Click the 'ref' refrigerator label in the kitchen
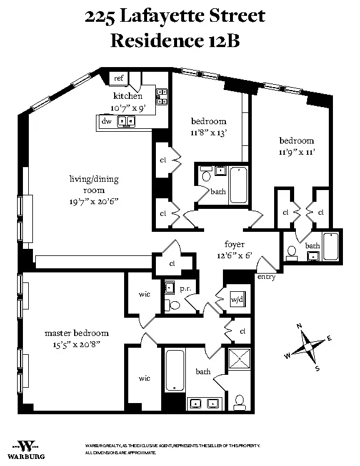(118, 78)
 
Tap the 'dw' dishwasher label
(106, 121)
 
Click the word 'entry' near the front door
(266, 277)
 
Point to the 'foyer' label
(235, 244)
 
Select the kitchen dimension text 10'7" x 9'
(128, 108)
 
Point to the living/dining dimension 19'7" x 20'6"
(94, 201)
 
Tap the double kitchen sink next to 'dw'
(126, 121)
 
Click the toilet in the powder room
(173, 304)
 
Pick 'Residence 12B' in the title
(175, 41)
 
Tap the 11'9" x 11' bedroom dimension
(296, 152)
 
